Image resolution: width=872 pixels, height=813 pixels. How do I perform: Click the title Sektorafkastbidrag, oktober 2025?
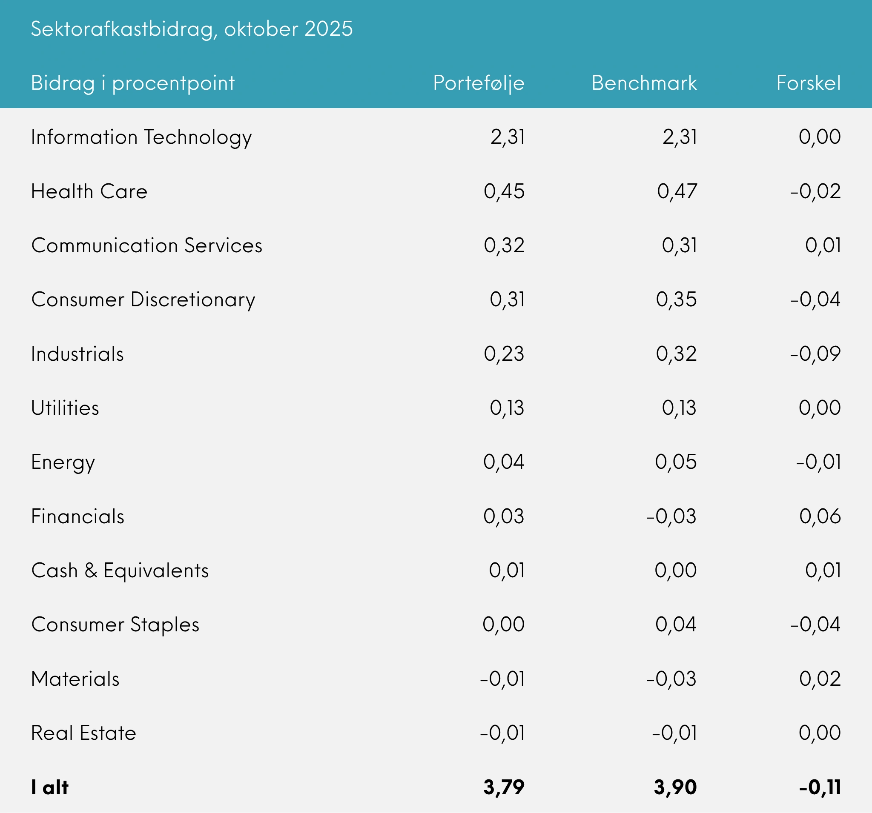192,29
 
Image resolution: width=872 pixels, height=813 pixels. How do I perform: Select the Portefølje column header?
479,83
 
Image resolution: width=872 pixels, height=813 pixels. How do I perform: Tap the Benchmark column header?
644,83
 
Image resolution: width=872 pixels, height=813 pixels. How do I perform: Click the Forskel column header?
809,83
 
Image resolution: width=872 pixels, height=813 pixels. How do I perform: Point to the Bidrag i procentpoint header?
133,83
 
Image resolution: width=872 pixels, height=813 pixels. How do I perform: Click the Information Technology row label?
141,137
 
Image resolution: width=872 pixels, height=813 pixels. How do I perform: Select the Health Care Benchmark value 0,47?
677,191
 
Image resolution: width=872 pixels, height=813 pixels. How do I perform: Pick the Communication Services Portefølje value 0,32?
504,245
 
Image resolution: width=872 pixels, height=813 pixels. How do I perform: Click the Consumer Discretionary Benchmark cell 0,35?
676,300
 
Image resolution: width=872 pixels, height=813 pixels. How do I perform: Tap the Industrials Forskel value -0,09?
815,354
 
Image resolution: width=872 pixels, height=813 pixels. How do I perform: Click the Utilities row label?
65,408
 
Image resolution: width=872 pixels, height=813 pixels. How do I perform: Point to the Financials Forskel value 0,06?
820,516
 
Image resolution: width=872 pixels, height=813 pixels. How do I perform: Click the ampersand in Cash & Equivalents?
91,570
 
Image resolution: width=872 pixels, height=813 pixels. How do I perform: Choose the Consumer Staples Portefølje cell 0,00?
503,625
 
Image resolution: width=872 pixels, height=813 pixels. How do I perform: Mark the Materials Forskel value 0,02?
820,679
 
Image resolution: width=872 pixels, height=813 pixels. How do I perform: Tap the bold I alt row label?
49,787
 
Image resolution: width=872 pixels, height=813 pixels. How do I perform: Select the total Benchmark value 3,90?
675,787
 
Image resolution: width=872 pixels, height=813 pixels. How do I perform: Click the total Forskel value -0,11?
820,787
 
